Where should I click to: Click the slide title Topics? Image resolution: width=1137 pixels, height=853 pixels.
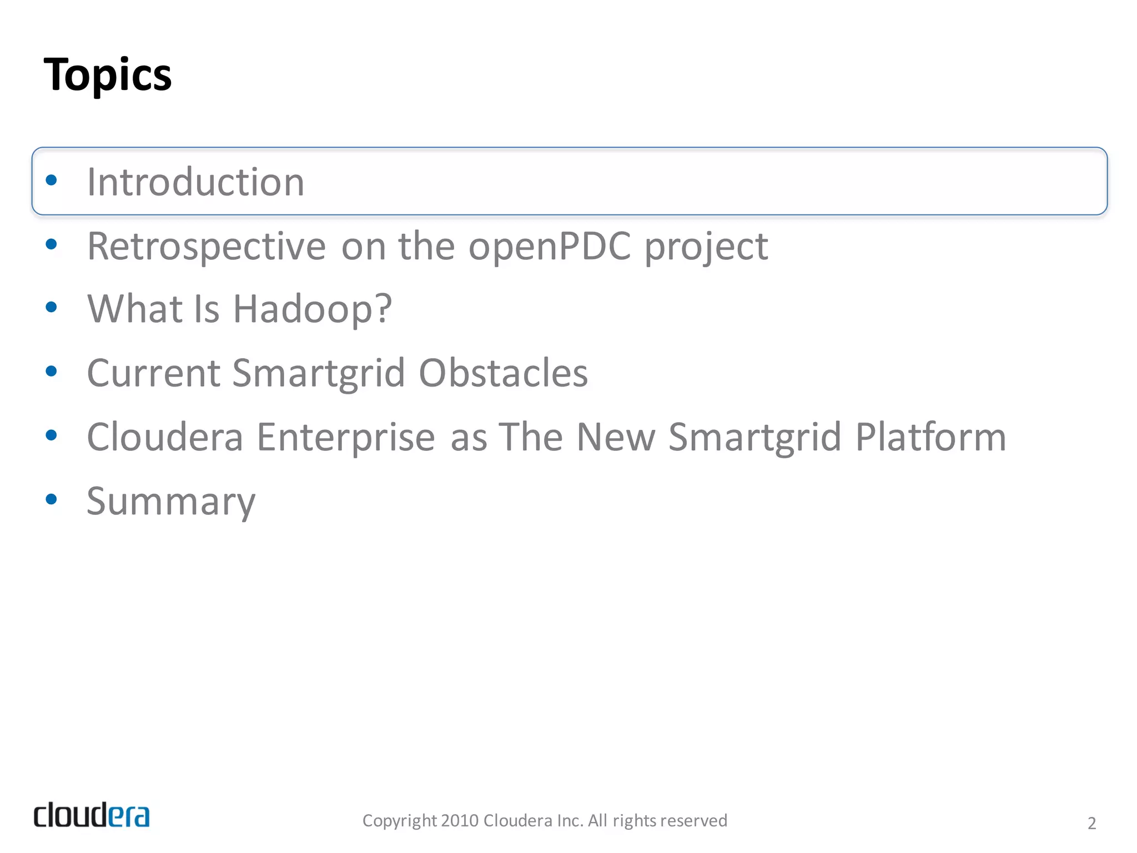pos(108,75)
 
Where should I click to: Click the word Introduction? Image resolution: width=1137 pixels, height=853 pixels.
pos(195,182)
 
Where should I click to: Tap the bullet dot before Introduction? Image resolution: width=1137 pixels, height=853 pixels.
pos(51,180)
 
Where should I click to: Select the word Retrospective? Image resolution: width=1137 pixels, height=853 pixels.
pos(207,246)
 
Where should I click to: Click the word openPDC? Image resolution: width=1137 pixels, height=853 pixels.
pos(550,246)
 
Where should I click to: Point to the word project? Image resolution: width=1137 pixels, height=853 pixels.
pos(706,246)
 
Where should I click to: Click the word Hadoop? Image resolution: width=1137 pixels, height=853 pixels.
pos(312,309)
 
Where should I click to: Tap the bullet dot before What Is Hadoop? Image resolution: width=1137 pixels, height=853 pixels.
pos(51,307)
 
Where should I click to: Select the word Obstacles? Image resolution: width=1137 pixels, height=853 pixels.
pos(503,373)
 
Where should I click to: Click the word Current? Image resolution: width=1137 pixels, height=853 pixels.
pos(153,373)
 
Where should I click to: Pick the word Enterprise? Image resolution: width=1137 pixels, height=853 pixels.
pos(345,437)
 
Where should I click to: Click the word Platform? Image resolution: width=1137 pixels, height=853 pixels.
pos(930,437)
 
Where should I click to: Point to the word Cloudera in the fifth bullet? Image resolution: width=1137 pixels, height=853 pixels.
pos(165,437)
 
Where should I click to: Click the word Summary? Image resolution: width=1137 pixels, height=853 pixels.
pos(171,501)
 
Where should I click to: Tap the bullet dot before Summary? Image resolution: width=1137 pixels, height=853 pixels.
pos(51,499)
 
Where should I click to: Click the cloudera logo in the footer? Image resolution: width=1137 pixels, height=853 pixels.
pos(92,815)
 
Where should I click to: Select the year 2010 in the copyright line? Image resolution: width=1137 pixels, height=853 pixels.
pos(460,821)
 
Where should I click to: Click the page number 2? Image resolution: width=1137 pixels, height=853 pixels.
pos(1091,823)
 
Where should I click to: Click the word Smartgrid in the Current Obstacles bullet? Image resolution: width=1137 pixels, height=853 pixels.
pos(319,373)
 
